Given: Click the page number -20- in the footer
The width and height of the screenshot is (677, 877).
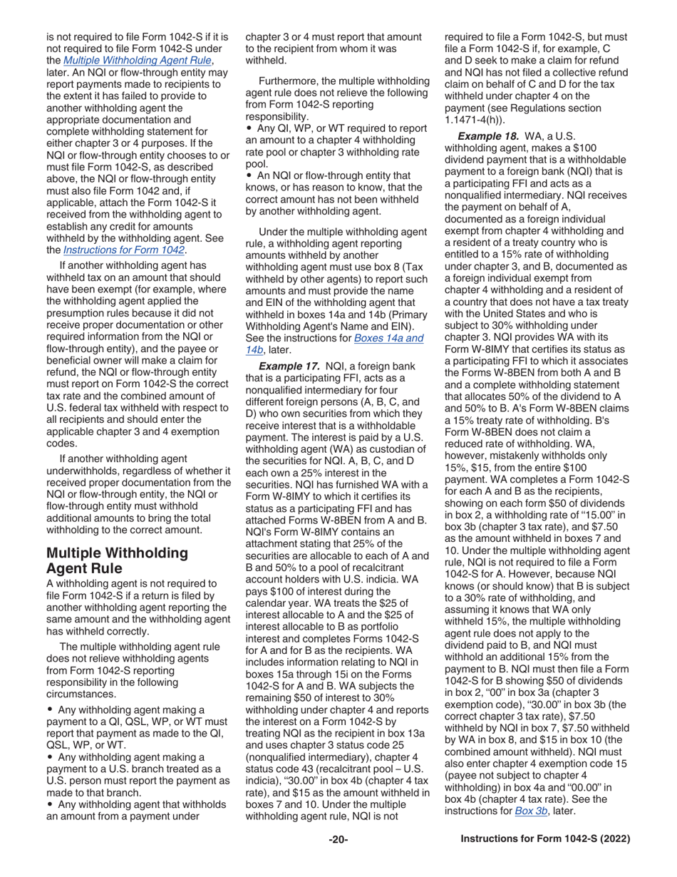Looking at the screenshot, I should [x=338, y=839].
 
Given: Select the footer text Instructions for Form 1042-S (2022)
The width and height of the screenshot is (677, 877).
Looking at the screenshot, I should [x=546, y=839].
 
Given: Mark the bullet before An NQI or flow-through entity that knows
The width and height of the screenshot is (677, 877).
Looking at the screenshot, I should [x=248, y=175].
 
